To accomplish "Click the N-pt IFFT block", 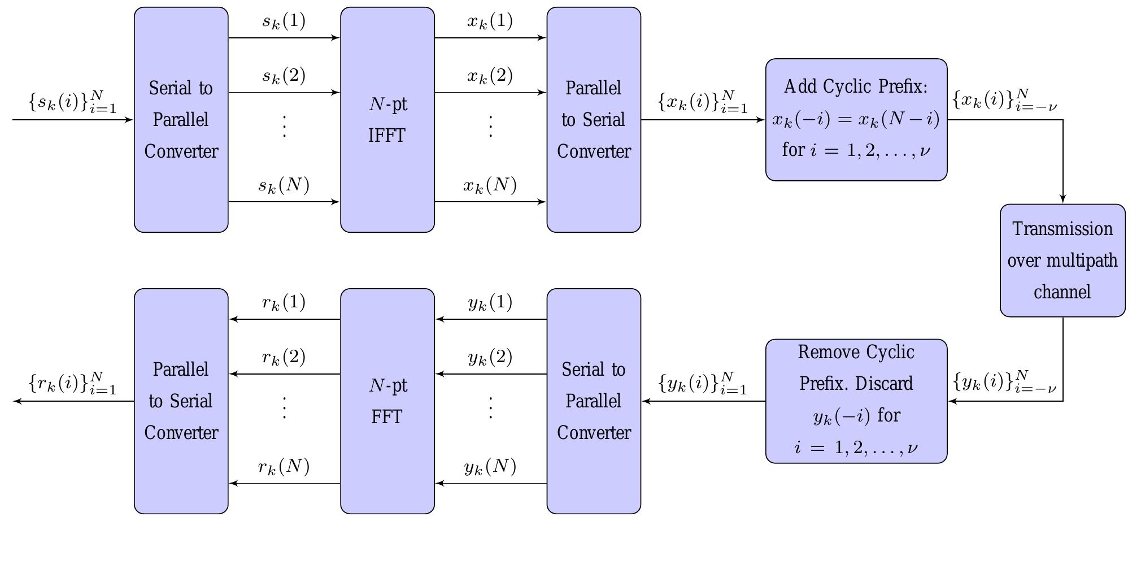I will click(x=387, y=120).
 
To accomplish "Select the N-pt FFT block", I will click(x=387, y=401).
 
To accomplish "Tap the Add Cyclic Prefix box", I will click(x=856, y=120).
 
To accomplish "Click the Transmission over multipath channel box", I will click(x=1062, y=260).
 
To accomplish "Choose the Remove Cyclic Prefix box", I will click(x=856, y=401).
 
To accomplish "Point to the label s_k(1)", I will click(x=284, y=21).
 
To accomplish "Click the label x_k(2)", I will click(x=490, y=76).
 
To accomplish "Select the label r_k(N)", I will click(x=284, y=467).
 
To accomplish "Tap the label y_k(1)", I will click(x=490, y=303).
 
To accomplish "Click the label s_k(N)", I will click(x=284, y=185).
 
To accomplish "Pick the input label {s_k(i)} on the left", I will click(x=72, y=102).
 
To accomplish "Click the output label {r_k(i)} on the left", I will click(x=72, y=383).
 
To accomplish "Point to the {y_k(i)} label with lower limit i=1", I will click(x=703, y=383).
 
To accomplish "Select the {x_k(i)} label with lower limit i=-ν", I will click(x=1004, y=100).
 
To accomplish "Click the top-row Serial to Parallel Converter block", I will click(x=181, y=120).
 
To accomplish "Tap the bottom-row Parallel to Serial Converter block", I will click(x=181, y=401).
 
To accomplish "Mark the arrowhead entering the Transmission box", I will click(x=1062, y=199).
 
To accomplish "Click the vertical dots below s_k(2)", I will click(x=284, y=126).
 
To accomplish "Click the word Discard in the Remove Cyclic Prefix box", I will click(x=885, y=384).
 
